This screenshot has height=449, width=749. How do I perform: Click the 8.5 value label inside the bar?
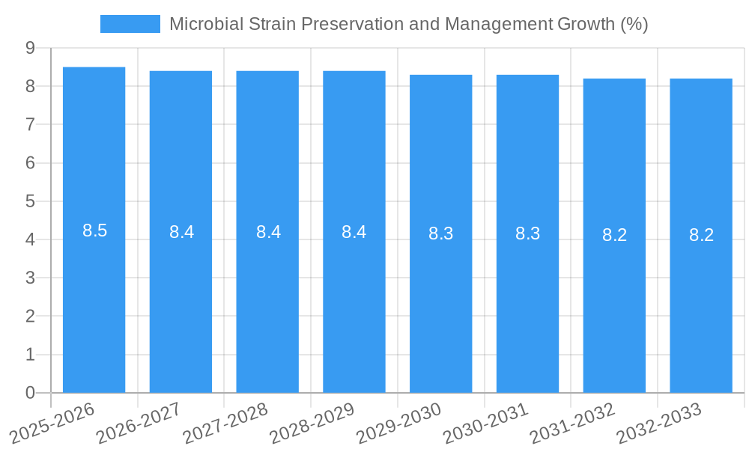click(95, 230)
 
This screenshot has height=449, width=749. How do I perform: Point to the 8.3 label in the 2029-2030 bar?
click(441, 233)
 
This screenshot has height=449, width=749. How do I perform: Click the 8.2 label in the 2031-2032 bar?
click(614, 235)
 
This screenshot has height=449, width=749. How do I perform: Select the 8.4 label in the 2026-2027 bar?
click(181, 232)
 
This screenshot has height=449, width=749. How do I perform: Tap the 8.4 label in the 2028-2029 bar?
click(354, 232)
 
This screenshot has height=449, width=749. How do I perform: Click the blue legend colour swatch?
click(130, 24)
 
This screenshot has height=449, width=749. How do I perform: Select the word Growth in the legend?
click(586, 24)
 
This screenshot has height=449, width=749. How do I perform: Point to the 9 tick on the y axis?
click(30, 48)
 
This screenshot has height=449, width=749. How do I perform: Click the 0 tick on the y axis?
click(30, 393)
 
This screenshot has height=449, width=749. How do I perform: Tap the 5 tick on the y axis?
click(30, 201)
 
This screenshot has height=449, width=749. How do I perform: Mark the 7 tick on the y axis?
click(30, 124)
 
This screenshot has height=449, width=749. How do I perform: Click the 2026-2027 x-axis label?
click(139, 423)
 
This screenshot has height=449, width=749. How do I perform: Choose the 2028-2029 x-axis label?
click(312, 423)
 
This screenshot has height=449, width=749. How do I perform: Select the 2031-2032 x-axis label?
click(572, 423)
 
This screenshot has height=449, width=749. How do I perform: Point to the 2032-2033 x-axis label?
click(659, 423)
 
